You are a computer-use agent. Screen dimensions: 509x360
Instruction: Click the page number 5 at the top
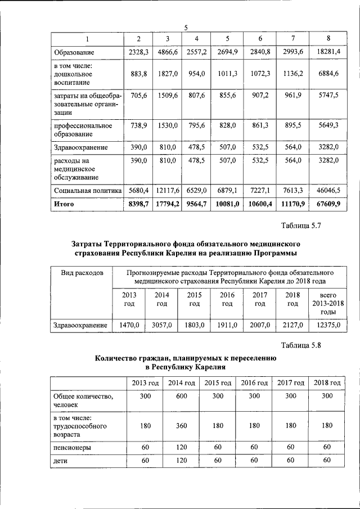tap(186, 28)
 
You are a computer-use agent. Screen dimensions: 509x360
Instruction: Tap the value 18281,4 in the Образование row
tap(328, 52)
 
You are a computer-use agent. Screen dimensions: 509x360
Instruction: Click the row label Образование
tap(74, 52)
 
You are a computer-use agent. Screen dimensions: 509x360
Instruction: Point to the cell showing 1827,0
tap(168, 74)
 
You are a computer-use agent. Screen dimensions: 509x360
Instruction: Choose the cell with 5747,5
tap(328, 96)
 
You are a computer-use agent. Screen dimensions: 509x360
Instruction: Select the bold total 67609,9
tap(328, 204)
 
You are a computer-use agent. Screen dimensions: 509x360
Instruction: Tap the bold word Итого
tap(64, 204)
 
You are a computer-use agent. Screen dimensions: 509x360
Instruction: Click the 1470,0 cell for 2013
tap(129, 325)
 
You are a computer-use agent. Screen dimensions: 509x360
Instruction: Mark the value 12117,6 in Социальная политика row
tap(168, 191)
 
